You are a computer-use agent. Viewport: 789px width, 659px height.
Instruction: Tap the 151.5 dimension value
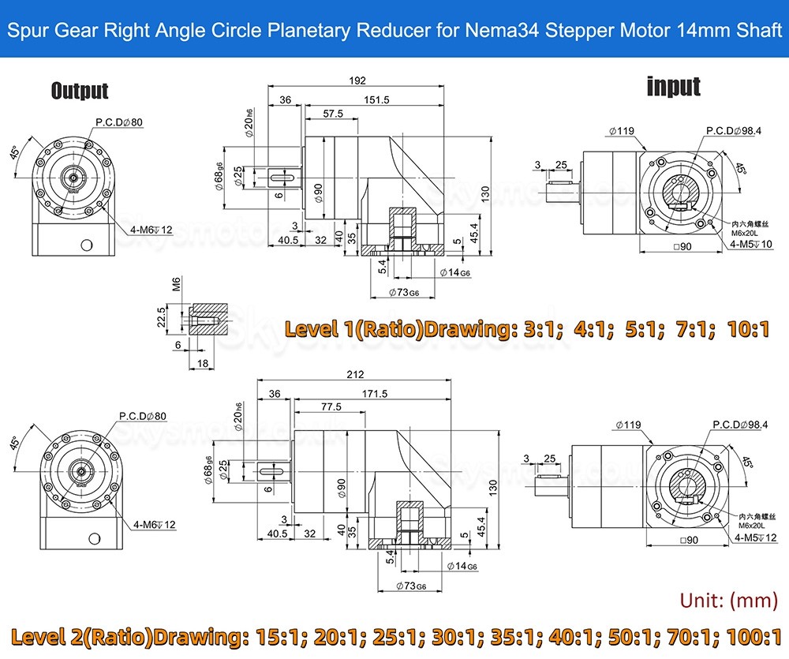pyautogui.click(x=377, y=99)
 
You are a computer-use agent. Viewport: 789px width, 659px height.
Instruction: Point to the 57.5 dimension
pyautogui.click(x=333, y=114)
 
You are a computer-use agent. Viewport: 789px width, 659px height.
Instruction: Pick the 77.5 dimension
pyautogui.click(x=332, y=407)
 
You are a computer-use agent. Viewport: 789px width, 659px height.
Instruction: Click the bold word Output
pyautogui.click(x=80, y=91)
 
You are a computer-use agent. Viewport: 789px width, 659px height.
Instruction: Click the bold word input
pyautogui.click(x=673, y=86)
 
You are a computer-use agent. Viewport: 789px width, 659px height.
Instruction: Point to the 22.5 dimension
pyautogui.click(x=163, y=316)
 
